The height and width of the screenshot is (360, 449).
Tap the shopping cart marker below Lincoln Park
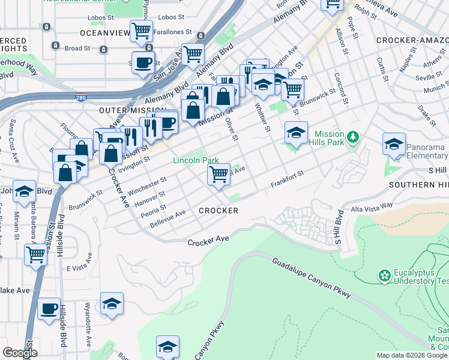click(219, 175)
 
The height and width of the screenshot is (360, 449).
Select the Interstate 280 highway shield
click(80, 97)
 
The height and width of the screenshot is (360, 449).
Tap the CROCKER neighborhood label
click(218, 211)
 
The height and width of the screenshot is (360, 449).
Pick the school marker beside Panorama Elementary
click(394, 145)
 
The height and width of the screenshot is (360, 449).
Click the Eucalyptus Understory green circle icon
click(384, 276)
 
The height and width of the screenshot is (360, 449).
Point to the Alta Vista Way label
click(372, 205)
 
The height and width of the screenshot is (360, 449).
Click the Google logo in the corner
click(20, 353)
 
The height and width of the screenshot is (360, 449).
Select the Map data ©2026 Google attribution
click(412, 355)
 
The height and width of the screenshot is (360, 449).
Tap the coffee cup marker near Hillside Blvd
click(49, 310)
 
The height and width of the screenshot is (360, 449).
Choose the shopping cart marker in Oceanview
click(141, 31)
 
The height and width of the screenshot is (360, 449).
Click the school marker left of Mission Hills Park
click(295, 133)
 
